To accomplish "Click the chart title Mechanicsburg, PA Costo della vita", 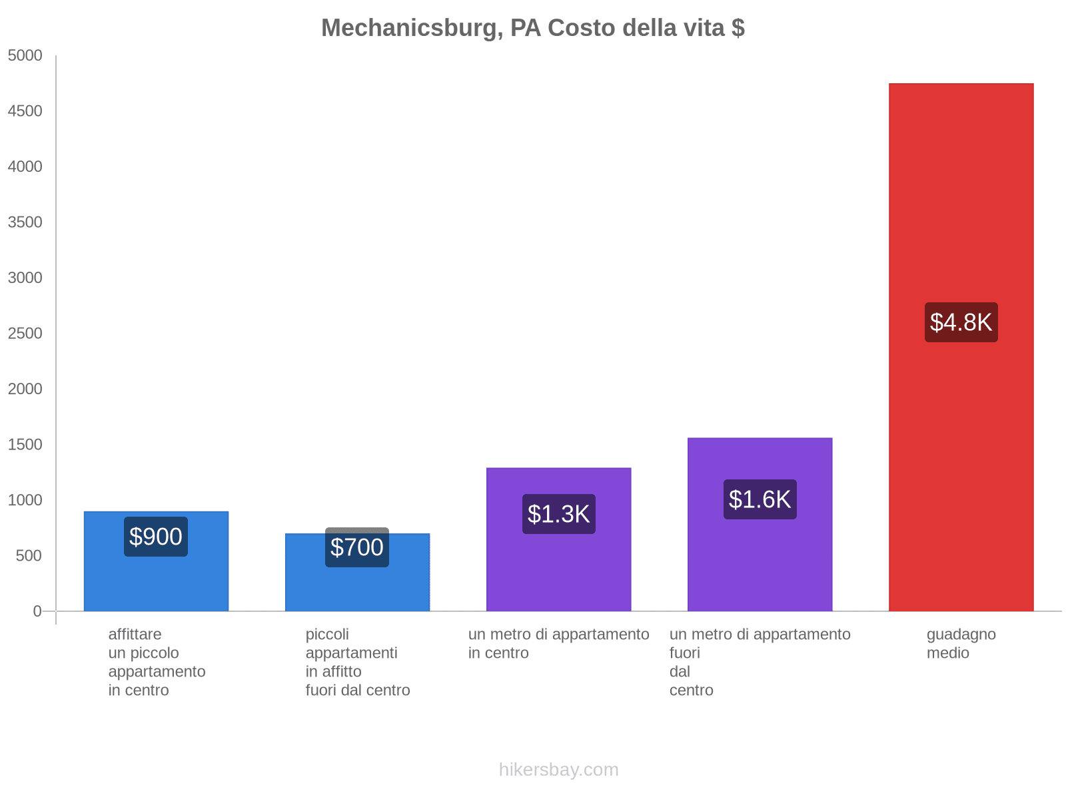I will [532, 28].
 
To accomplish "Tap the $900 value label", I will [156, 537].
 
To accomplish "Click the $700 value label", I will [357, 547].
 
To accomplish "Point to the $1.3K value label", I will [558, 514].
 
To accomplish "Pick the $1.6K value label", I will [760, 499].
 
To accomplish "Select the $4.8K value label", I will [961, 322].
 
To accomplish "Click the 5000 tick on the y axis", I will [25, 56].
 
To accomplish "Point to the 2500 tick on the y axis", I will [25, 334].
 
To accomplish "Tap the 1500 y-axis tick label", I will [25, 445].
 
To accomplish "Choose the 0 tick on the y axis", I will [37, 611].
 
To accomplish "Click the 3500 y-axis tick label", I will [25, 222].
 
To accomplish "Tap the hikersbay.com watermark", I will [558, 770].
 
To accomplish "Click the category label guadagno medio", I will [961, 644].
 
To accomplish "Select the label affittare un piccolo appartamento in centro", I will [157, 662].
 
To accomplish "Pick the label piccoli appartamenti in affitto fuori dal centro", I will [357, 662].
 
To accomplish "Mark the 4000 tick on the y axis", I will [25, 167].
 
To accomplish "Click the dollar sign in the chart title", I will [738, 28].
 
